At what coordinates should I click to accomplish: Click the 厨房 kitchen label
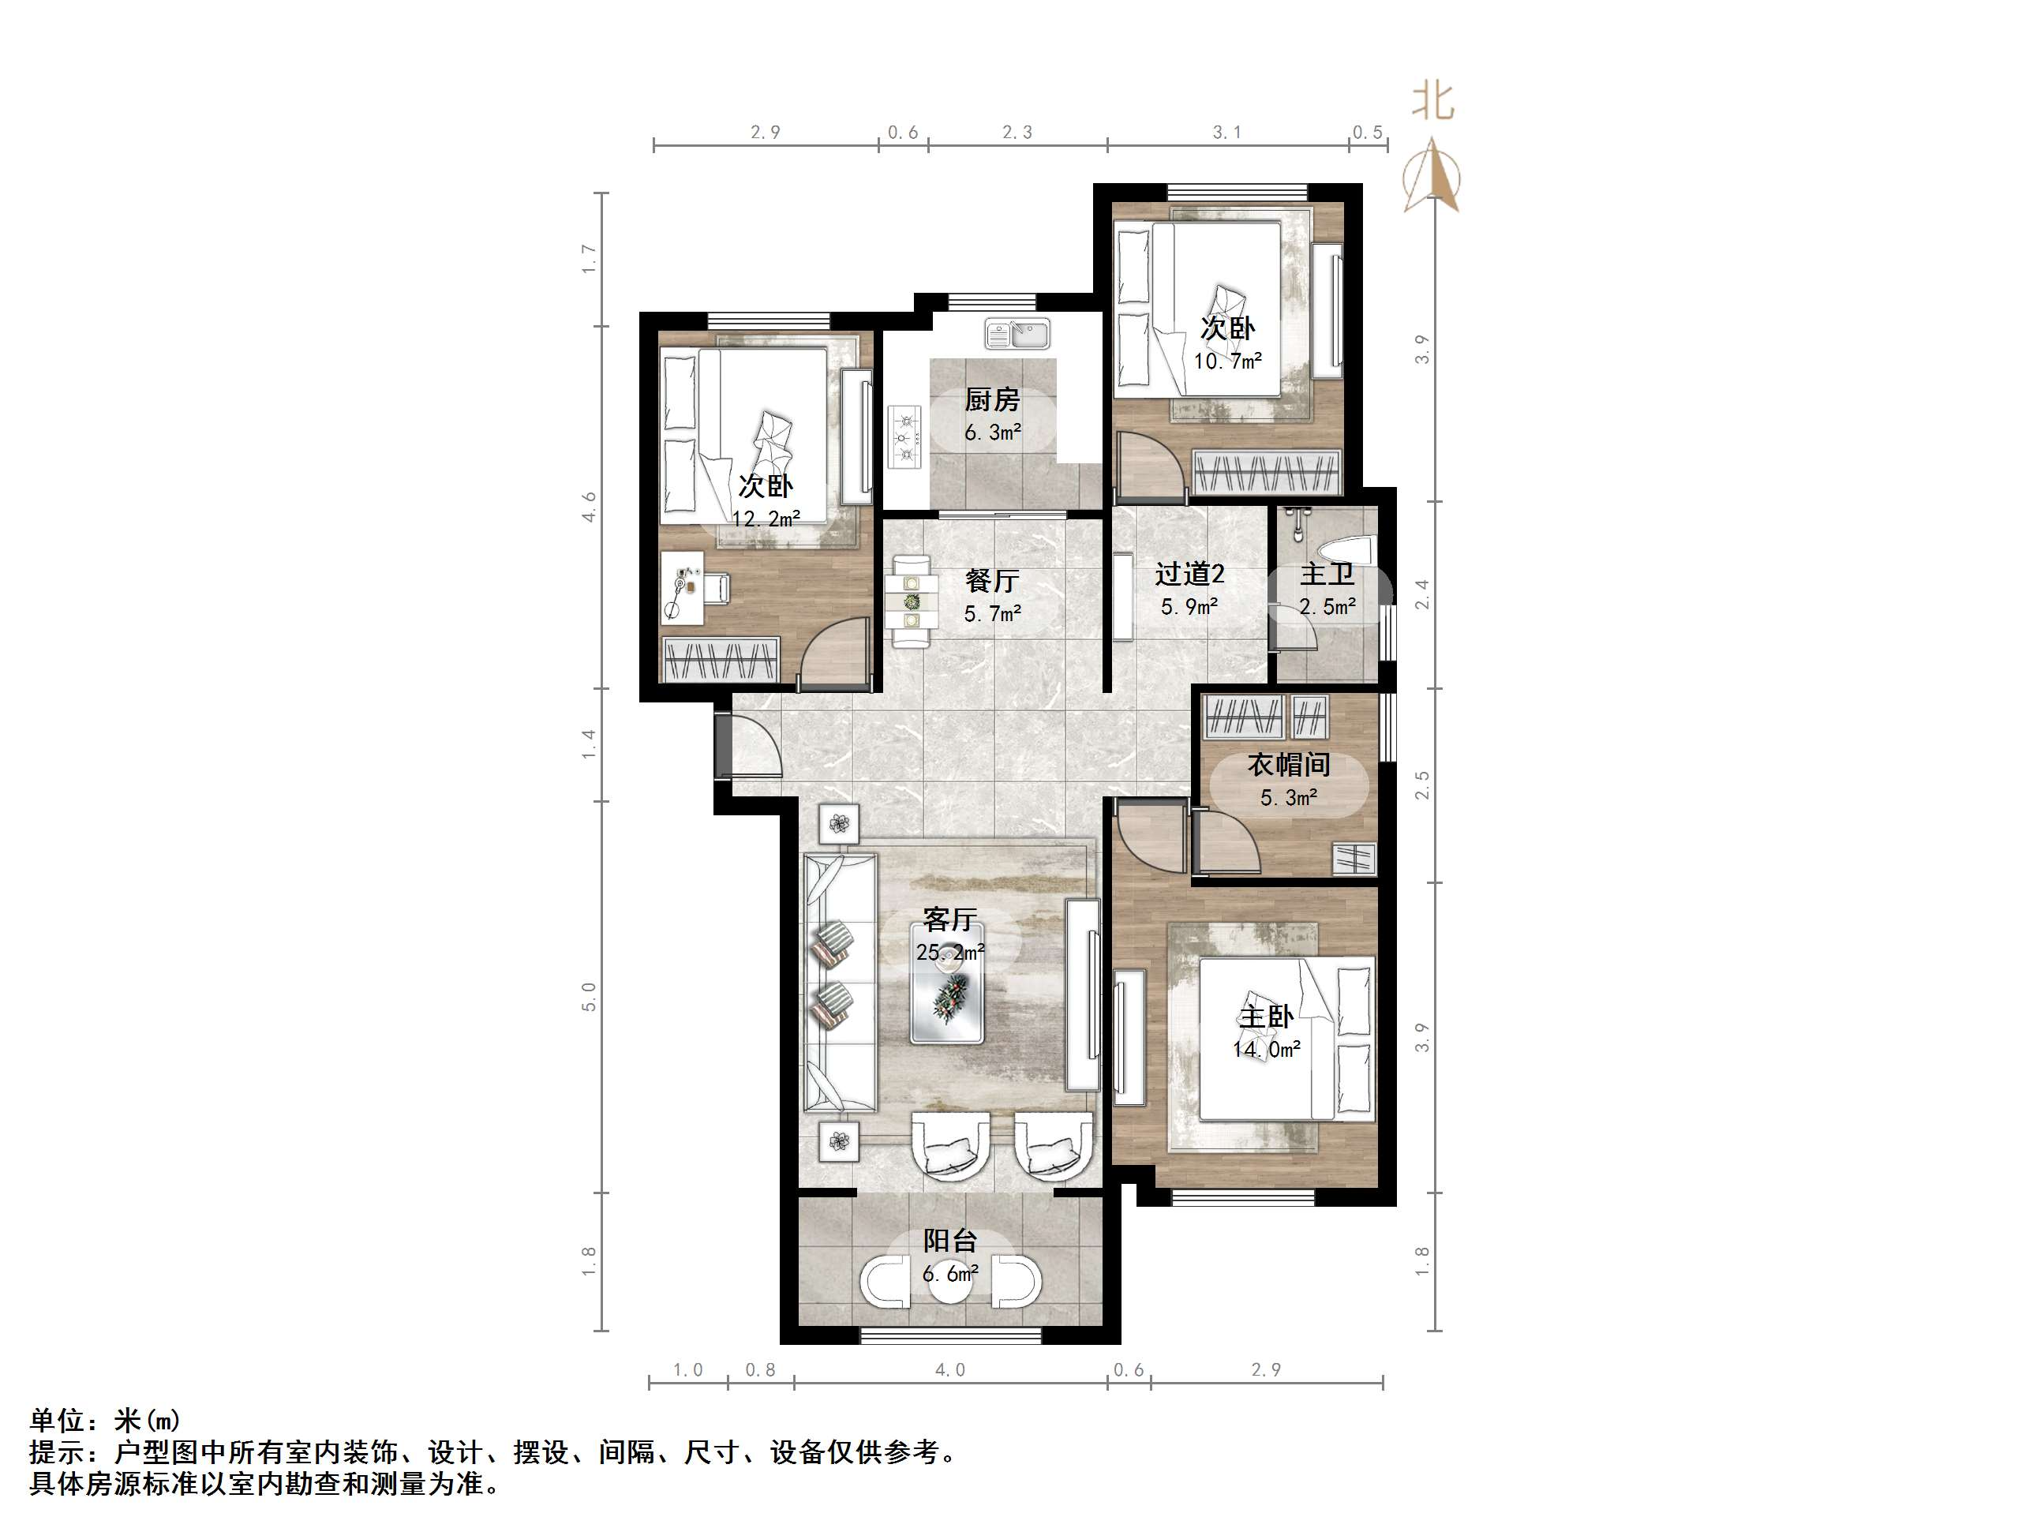[x=992, y=399]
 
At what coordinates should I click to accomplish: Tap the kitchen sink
[x=1017, y=335]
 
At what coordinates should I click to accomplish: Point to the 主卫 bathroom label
[x=1327, y=575]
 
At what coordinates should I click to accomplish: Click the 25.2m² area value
[x=949, y=953]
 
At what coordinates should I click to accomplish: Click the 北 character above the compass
[x=1433, y=101]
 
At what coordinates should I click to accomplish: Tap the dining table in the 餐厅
[x=911, y=601]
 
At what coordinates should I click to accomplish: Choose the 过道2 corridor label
[x=1190, y=575]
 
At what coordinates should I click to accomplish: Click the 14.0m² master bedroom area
[x=1266, y=1049]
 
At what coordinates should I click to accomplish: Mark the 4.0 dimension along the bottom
[x=949, y=1369]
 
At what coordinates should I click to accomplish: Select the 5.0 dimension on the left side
[x=590, y=997]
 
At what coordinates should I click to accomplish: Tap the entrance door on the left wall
[x=724, y=744]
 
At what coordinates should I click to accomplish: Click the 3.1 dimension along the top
[x=1226, y=133]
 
